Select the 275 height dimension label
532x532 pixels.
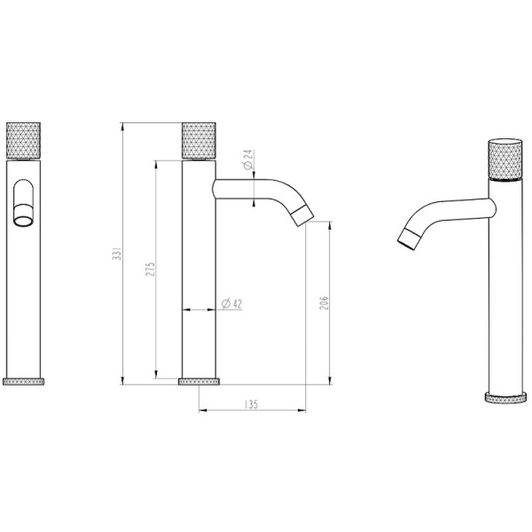[151, 268]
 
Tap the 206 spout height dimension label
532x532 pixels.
[325, 304]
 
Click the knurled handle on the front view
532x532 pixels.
[23, 140]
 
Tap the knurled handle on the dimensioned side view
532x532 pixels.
[199, 140]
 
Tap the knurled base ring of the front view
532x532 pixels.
[23, 381]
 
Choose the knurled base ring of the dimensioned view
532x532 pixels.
[199, 381]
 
